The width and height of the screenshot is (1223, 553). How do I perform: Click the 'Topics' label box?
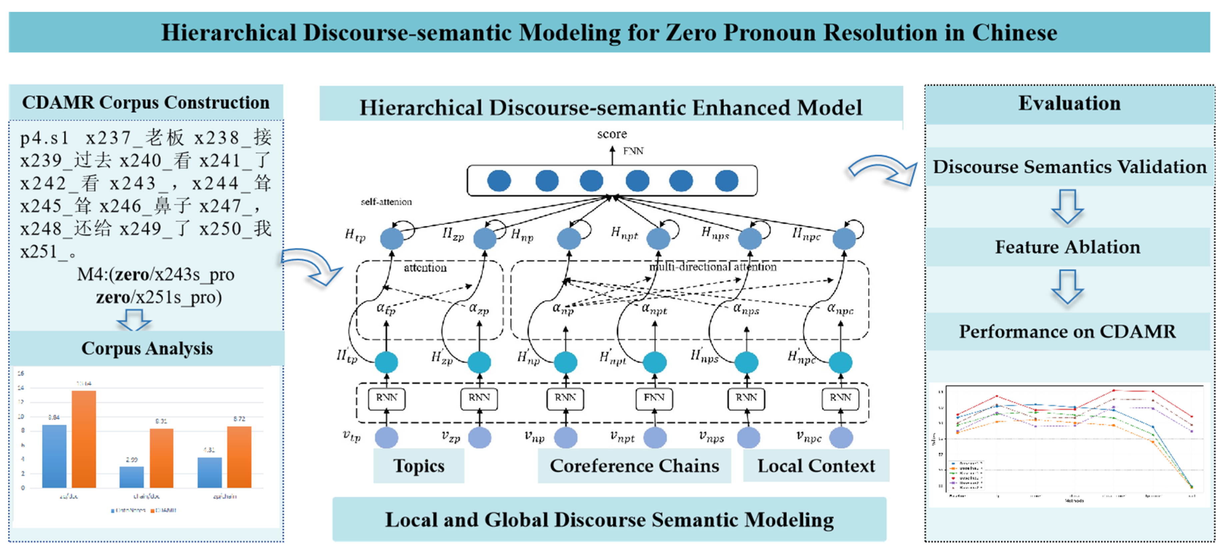[x=418, y=466]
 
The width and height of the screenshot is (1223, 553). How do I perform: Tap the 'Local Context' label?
[x=816, y=466]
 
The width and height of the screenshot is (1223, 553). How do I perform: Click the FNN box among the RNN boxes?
[x=654, y=398]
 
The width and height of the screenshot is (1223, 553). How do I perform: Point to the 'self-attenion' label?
[x=386, y=202]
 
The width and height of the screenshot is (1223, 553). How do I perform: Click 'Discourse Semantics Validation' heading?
[x=1069, y=167]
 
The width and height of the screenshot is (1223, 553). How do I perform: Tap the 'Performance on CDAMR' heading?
[x=1067, y=331]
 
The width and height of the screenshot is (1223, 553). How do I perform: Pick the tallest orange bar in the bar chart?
[x=84, y=439]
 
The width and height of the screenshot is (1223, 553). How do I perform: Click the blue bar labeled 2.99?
[x=132, y=477]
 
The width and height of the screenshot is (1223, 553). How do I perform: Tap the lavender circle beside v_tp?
[x=386, y=438]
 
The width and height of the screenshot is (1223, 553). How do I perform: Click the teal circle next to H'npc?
[x=840, y=363]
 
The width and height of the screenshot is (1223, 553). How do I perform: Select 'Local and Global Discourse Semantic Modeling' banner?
[x=609, y=520]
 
